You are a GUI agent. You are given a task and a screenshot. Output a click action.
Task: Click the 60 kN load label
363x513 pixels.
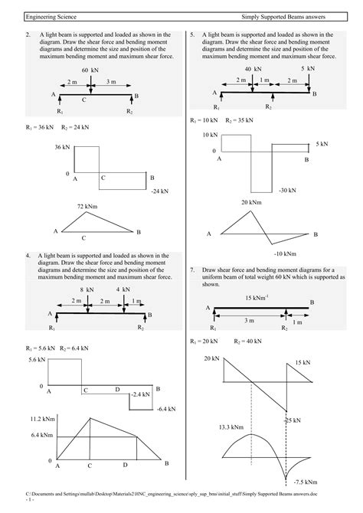90,70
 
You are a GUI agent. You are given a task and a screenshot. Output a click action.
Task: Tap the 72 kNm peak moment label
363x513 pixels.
87,207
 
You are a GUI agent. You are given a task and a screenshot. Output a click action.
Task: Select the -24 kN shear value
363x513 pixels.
160,191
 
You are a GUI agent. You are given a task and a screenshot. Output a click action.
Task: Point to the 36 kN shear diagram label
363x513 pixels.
62,147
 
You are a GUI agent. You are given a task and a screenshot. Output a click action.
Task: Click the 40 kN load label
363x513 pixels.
253,69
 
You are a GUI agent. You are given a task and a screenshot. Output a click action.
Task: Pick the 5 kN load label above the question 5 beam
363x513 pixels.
308,68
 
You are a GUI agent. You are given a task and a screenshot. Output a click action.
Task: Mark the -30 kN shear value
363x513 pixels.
287,190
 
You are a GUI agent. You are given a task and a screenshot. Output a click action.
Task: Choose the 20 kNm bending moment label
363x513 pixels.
251,202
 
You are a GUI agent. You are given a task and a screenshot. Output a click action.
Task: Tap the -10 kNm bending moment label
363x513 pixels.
285,253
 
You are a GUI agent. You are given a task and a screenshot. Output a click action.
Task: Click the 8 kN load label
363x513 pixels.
87,289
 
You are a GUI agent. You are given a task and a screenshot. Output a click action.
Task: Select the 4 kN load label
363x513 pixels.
123,289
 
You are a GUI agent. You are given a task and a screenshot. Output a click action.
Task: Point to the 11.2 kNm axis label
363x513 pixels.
43,419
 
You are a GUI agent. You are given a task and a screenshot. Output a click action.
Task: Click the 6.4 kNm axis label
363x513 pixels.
42,435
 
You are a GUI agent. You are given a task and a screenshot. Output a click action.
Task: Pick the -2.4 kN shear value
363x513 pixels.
140,394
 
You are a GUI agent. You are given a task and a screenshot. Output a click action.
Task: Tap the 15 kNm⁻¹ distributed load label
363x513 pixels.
257,298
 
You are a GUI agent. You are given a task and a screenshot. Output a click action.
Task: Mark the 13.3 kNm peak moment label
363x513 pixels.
231,427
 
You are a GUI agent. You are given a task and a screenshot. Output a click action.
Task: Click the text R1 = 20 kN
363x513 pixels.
204,341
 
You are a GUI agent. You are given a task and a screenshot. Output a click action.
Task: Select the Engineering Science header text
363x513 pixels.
51,17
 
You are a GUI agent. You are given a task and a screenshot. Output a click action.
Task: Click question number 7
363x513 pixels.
192,270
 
